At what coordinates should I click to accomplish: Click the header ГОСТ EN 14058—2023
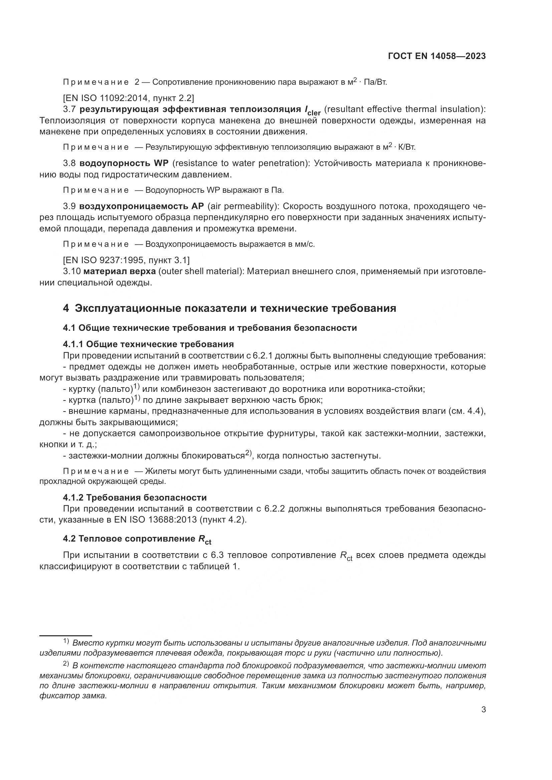[437, 56]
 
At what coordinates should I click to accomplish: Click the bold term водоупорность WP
[124, 163]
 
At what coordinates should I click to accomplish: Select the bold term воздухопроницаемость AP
[142, 206]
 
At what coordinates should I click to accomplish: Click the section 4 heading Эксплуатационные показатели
[229, 308]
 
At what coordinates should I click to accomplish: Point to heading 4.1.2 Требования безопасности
[134, 498]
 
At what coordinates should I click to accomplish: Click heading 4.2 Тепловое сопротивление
[137, 539]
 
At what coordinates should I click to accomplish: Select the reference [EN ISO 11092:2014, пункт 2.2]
[128, 98]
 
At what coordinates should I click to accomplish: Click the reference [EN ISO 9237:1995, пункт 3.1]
[126, 260]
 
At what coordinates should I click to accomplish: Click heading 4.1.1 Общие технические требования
[148, 344]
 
